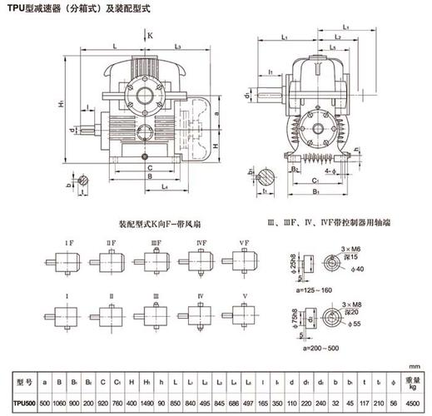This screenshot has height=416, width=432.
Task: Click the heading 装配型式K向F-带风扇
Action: [154, 225]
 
